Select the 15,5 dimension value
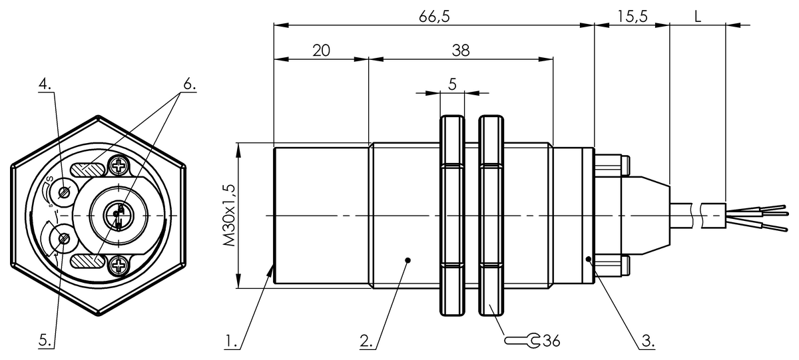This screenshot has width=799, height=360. [x=632, y=17]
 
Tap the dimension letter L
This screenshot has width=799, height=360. [x=697, y=17]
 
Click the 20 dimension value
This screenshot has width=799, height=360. [x=322, y=51]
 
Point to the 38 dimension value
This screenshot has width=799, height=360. [x=460, y=51]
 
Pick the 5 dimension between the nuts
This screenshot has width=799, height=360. [x=451, y=84]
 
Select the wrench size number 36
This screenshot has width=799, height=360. [x=551, y=341]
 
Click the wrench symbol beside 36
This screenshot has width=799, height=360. [x=523, y=341]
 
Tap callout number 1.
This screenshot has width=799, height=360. [x=231, y=342]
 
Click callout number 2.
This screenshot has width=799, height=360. [x=366, y=342]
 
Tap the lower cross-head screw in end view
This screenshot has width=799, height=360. [x=120, y=266]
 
